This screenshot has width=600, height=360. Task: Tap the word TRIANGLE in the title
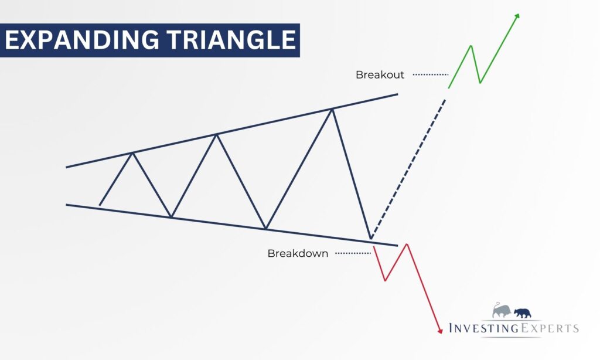pyautogui.click(x=231, y=40)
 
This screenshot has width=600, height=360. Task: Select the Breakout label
pyautogui.click(x=380, y=74)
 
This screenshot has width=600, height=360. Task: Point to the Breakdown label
pyautogui.click(x=298, y=253)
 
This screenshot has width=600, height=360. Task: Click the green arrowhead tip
pyautogui.click(x=519, y=14)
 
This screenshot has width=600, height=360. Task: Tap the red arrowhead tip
pyautogui.click(x=440, y=333)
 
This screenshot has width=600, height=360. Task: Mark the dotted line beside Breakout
pyautogui.click(x=431, y=74)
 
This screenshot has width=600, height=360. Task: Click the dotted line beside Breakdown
pyautogui.click(x=353, y=253)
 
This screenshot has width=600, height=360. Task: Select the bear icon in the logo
pyautogui.click(x=522, y=313)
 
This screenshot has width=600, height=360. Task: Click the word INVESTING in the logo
pyautogui.click(x=483, y=328)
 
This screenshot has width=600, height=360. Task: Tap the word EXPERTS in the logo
pyautogui.click(x=549, y=328)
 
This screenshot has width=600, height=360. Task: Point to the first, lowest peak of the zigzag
pyautogui.click(x=132, y=153)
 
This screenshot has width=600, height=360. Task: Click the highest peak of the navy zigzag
pyautogui.click(x=332, y=110)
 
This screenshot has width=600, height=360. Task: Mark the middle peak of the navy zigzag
pyautogui.click(x=217, y=134)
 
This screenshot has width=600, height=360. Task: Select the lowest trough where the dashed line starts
pyautogui.click(x=370, y=239)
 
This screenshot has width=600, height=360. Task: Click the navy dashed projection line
pyautogui.click(x=408, y=169)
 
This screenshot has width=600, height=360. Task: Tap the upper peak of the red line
pyautogui.click(x=407, y=244)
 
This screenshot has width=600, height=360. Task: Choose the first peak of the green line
pyautogui.click(x=471, y=46)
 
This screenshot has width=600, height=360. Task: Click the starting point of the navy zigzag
pyautogui.click(x=100, y=205)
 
